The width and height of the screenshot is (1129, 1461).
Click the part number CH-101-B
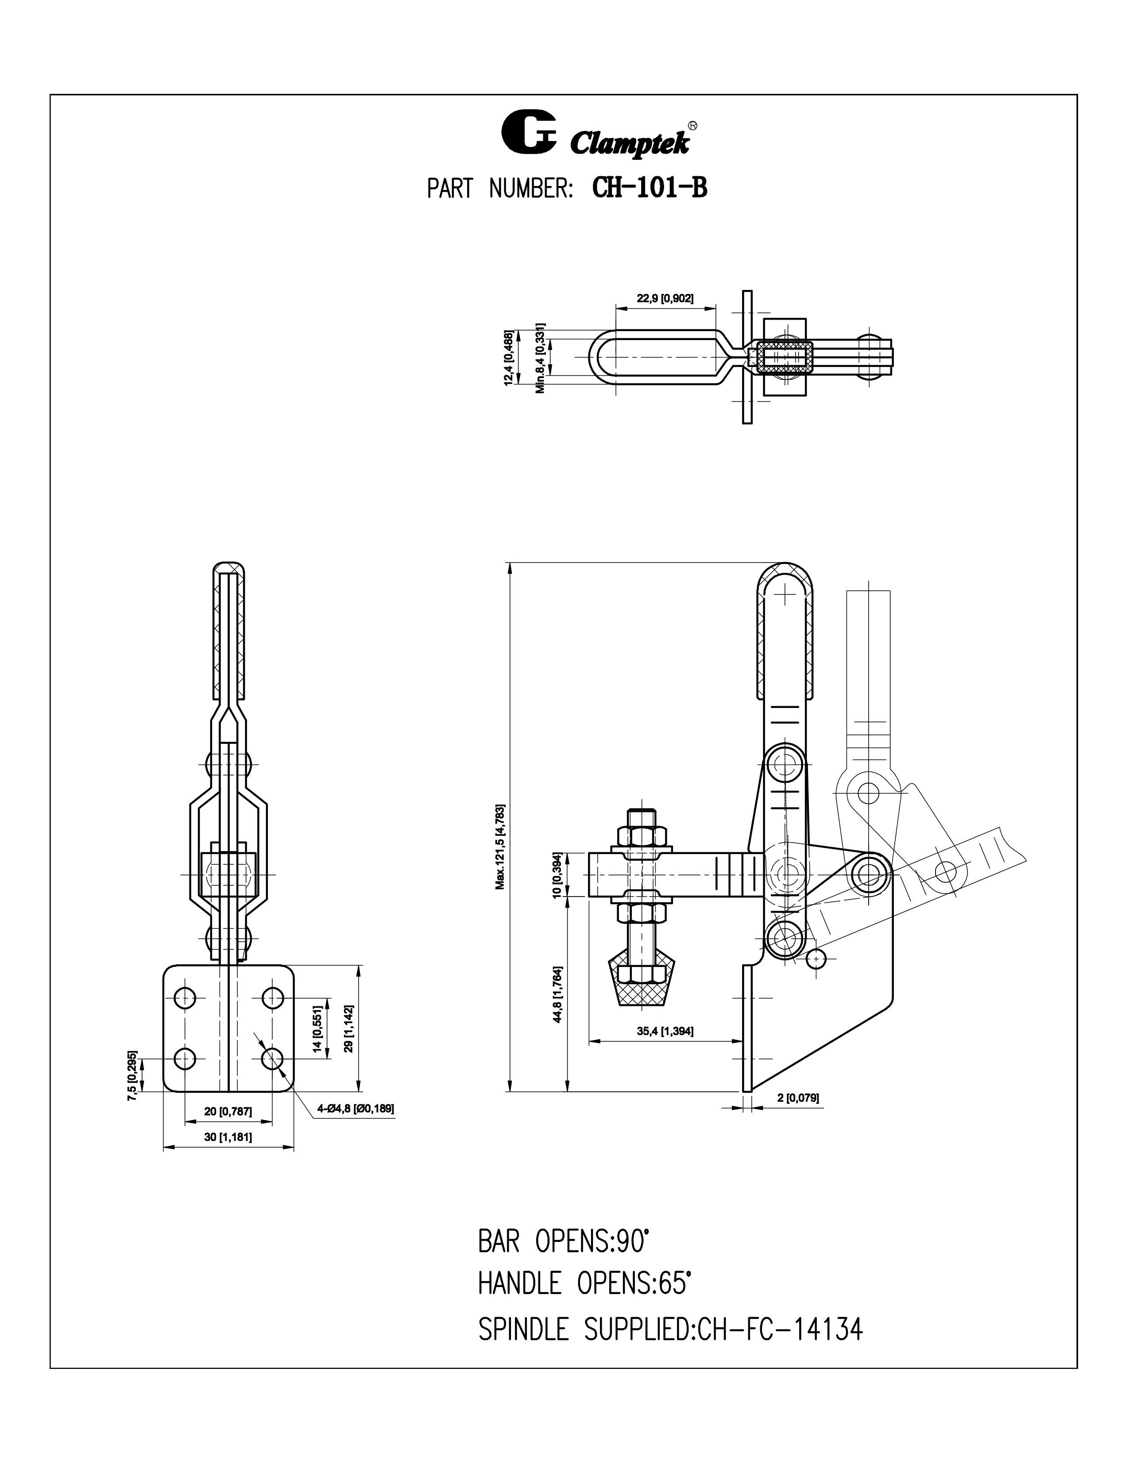click(x=650, y=189)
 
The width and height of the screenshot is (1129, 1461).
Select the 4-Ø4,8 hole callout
click(x=356, y=1109)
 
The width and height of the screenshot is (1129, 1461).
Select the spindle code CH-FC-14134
click(x=780, y=1329)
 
